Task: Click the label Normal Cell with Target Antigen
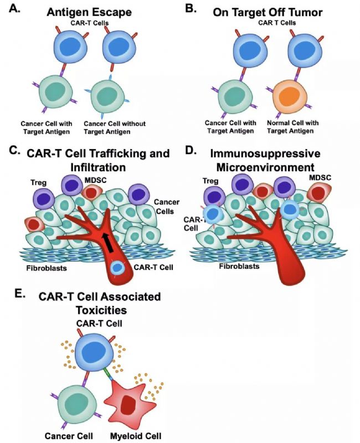click(x=289, y=126)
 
